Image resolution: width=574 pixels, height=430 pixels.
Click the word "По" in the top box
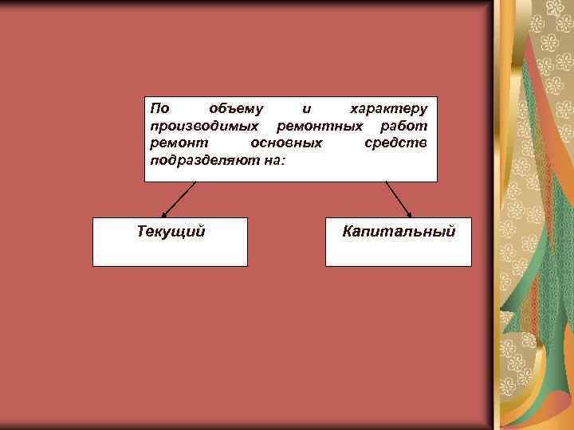pyautogui.click(x=159, y=107)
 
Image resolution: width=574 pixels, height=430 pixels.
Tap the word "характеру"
pyautogui.click(x=390, y=107)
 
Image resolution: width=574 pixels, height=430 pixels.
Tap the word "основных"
pyautogui.click(x=286, y=143)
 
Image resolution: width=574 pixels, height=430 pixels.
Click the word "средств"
pyautogui.click(x=396, y=143)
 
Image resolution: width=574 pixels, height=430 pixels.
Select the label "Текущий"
pyautogui.click(x=171, y=232)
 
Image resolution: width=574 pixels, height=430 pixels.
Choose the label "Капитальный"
pyautogui.click(x=399, y=232)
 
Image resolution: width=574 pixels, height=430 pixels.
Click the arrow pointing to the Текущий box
pyautogui.click(x=179, y=199)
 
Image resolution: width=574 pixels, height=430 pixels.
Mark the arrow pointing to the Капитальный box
pyautogui.click(x=399, y=199)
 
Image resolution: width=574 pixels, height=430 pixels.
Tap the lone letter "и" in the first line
pyautogui.click(x=307, y=107)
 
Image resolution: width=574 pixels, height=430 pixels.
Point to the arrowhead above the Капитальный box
pyautogui.click(x=409, y=213)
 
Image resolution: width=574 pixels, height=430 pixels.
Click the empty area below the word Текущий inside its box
pyautogui.click(x=171, y=252)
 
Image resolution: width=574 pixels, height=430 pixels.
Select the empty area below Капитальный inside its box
pyautogui.click(x=399, y=252)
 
